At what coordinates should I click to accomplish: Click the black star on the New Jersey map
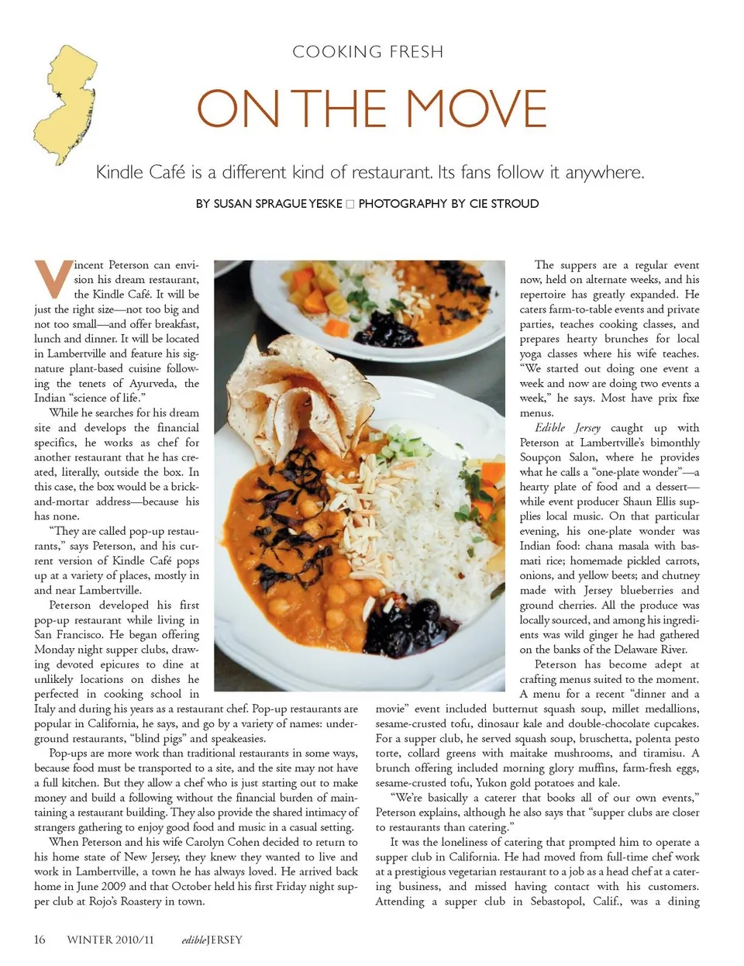(x=59, y=95)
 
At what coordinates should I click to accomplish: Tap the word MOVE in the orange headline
(x=477, y=109)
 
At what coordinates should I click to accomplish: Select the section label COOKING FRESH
(x=368, y=52)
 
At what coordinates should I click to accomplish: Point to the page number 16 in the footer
(x=40, y=940)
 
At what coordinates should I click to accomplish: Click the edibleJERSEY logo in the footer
(x=212, y=940)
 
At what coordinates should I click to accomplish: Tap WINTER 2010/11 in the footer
(x=110, y=940)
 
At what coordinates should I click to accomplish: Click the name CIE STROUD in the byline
(x=504, y=204)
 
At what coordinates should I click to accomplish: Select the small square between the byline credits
(x=350, y=204)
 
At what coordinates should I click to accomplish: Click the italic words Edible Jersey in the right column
(x=567, y=427)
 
